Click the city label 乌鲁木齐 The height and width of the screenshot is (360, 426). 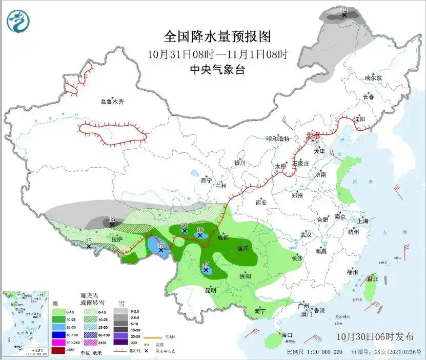pos(112,102)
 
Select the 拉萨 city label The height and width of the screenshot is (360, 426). pos(117,239)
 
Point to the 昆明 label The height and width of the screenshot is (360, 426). pos(210,290)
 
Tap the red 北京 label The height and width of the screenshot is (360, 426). pos(312,135)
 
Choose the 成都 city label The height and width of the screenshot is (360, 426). pos(223,237)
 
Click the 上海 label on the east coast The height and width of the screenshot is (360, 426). pos(363,221)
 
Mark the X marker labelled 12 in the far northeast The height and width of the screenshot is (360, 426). pos(344,15)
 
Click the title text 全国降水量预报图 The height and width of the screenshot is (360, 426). pos(216,36)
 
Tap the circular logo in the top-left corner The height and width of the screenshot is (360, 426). pos(18,21)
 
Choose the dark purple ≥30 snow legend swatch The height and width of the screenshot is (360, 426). pos(121,342)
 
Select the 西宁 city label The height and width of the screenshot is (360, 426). pos(206,180)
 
